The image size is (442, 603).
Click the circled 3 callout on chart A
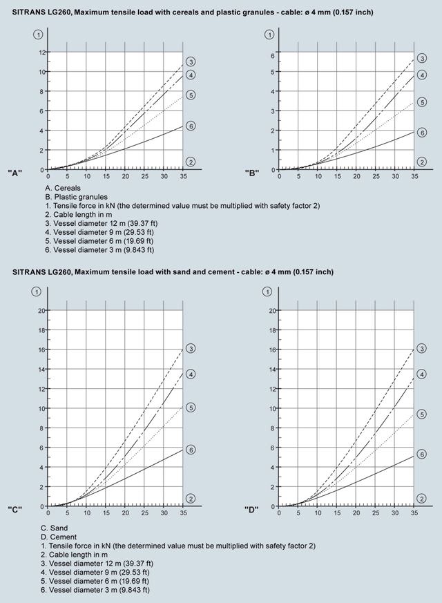(191, 61)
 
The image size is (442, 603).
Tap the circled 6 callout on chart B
(422, 133)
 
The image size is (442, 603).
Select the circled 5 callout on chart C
(191, 408)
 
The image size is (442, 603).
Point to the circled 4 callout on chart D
(422, 374)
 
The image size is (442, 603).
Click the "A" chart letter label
(15, 173)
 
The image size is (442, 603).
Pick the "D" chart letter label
(251, 510)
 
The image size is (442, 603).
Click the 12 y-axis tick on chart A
(41, 52)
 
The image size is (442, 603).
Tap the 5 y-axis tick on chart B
(273, 72)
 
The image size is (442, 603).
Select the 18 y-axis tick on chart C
(41, 330)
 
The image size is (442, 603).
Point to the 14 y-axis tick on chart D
(273, 369)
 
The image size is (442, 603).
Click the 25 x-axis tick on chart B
(376, 177)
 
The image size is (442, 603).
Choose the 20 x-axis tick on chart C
(126, 513)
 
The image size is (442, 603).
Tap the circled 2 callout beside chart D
(422, 499)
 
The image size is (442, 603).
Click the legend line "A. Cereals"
(63, 188)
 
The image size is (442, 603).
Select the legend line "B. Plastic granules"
(76, 197)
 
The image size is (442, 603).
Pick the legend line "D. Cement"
(59, 537)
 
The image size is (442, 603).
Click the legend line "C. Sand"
(54, 528)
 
